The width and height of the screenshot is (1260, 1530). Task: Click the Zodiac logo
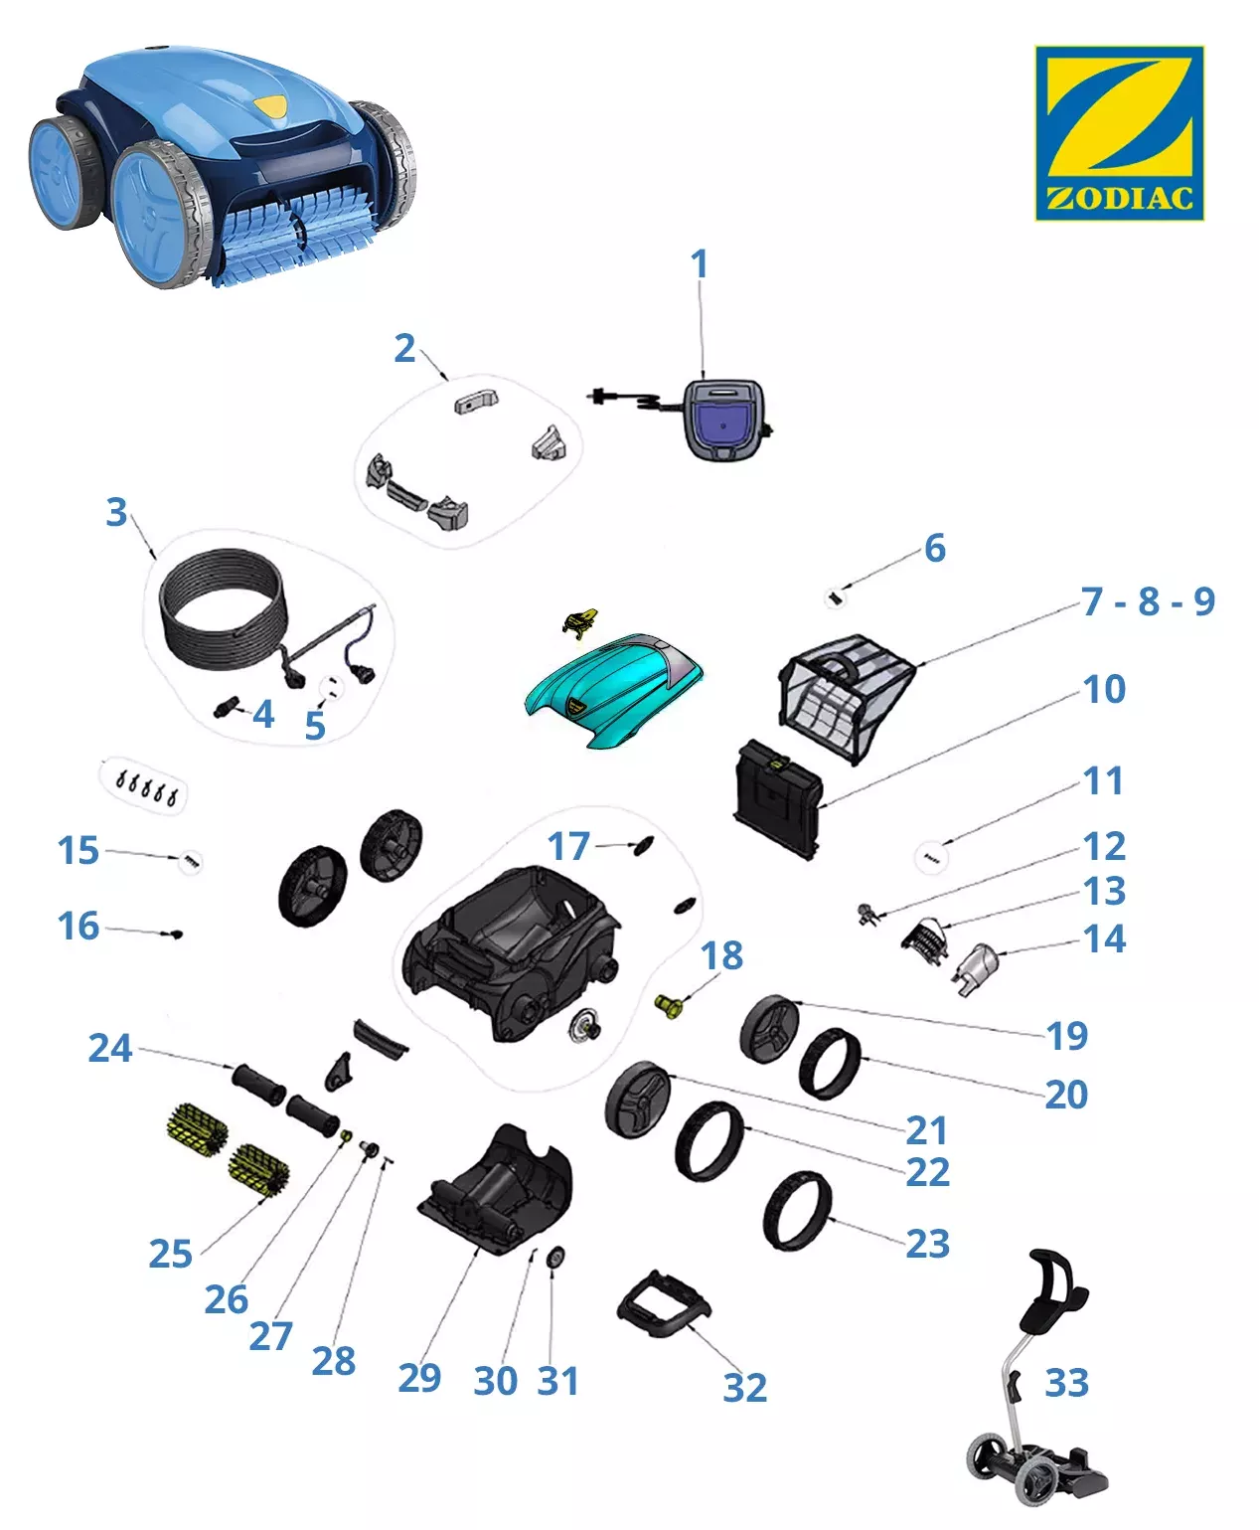click(1119, 132)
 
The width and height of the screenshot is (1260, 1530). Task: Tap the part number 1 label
click(700, 263)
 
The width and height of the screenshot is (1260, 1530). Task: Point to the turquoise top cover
click(614, 690)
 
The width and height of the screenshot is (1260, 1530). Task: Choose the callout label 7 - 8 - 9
click(1148, 601)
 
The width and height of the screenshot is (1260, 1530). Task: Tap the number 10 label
click(1104, 690)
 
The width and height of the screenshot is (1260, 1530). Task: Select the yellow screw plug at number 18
click(668, 1006)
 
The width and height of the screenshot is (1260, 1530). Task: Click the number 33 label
click(1066, 1383)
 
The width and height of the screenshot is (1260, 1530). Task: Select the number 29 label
click(419, 1377)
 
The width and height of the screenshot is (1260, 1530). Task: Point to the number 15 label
click(78, 851)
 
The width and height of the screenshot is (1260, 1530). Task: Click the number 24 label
click(110, 1048)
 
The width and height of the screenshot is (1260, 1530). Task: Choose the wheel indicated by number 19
click(769, 1028)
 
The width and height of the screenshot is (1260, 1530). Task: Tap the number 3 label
click(116, 512)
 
